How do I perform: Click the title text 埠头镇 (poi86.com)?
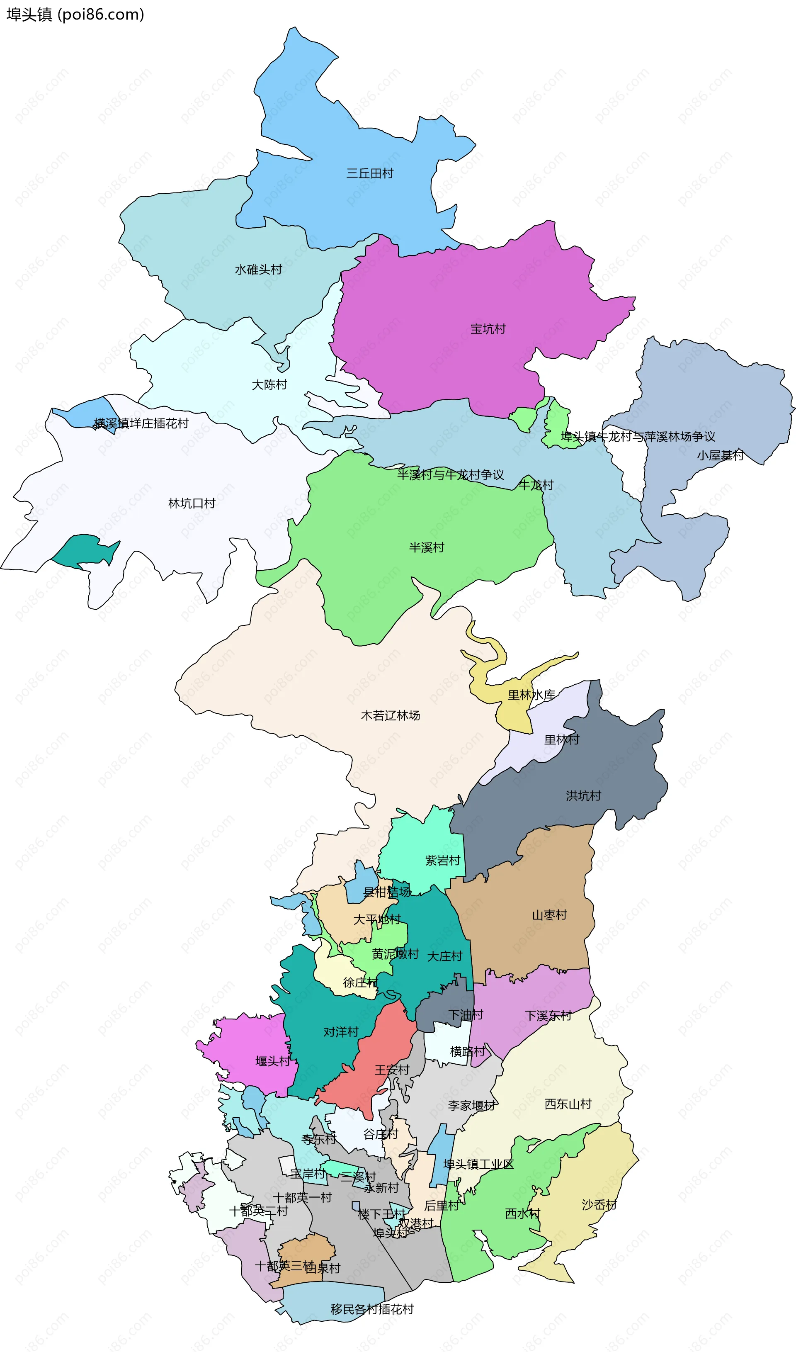pos(75,15)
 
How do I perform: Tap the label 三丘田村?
pos(369,173)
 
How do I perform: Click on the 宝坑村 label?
pos(488,329)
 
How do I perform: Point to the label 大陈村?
pos(269,385)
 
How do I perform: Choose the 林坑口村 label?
pos(192,503)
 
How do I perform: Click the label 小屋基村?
pos(720,455)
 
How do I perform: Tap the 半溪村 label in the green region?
pos(427,548)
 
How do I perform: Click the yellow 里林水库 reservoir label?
pos(531,695)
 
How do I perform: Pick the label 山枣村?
pos(549,915)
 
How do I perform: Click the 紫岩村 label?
pos(442,861)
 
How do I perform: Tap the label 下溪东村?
pos(548,1016)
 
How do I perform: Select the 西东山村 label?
pos(568,1104)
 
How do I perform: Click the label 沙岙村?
pos(599,1205)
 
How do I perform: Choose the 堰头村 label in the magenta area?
pos(272,1061)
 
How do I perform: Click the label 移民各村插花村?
pos(372,1309)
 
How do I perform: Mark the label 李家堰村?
pos(471,1106)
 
